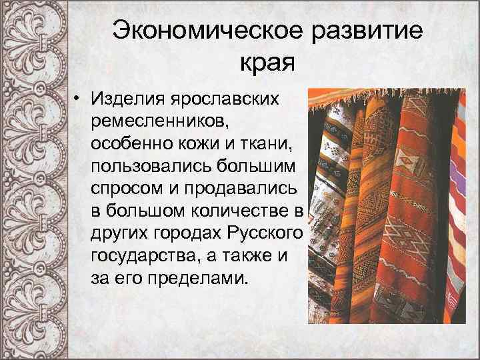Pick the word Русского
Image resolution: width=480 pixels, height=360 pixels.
(x=265, y=234)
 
